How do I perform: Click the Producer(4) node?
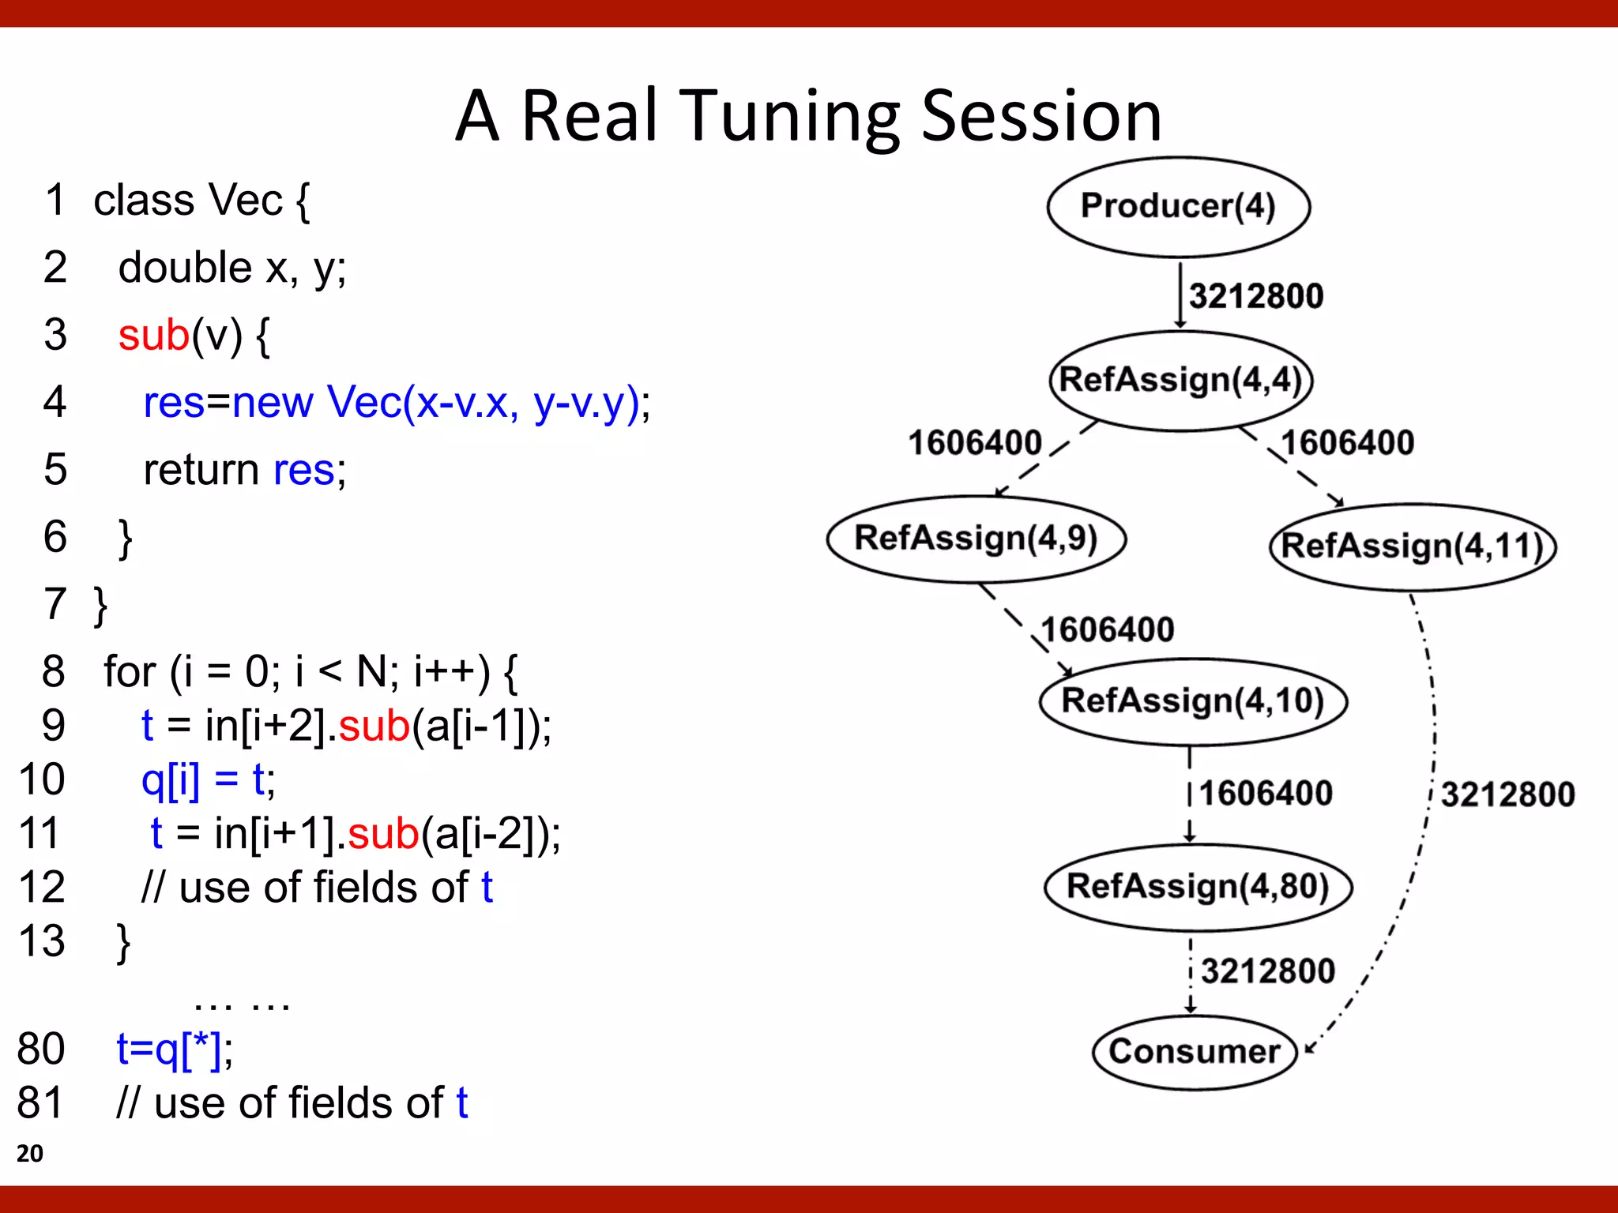1178,207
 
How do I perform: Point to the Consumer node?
1195,1052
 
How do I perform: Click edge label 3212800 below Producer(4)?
1255,296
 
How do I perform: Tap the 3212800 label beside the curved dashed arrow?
1507,794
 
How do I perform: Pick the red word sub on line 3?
154,335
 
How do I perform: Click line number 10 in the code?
41,779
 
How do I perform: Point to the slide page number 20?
30,1153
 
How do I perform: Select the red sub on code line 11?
383,834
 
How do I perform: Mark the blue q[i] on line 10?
170,779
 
